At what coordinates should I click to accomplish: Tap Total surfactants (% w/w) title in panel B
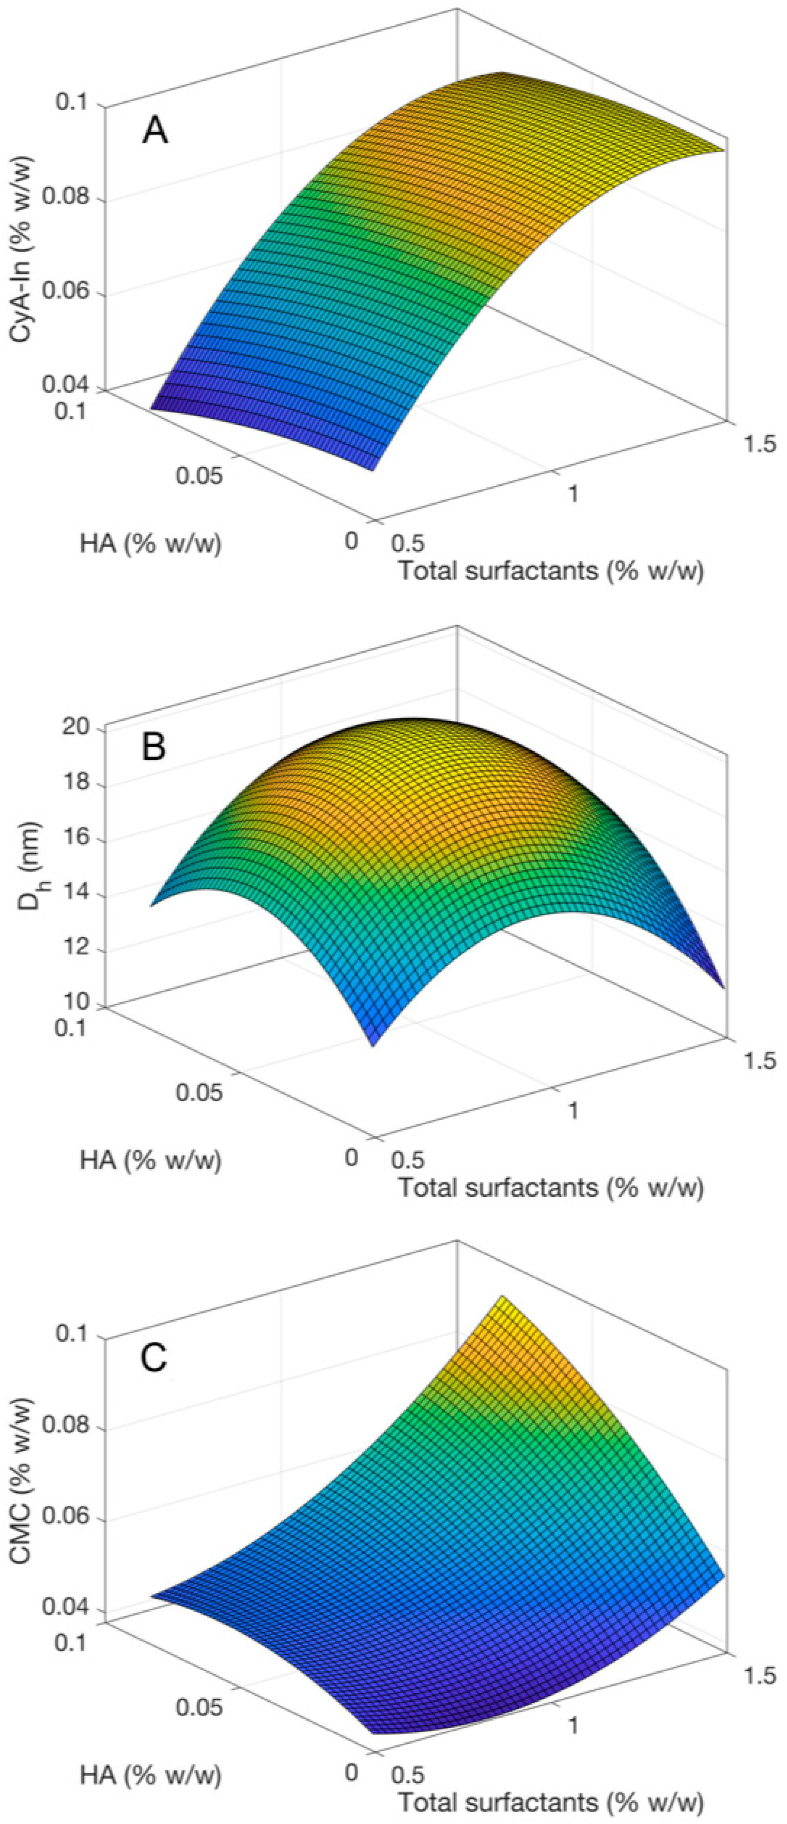coord(550,1187)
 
